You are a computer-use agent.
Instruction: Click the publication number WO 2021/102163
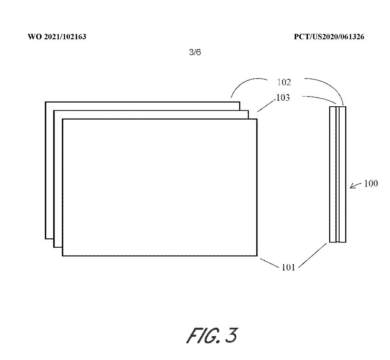57,37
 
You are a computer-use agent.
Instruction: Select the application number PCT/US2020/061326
329,37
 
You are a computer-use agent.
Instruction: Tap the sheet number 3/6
195,52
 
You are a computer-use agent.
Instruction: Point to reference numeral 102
284,82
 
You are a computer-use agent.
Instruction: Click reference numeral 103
283,98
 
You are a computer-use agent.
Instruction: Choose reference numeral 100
371,183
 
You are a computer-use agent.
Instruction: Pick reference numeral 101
288,268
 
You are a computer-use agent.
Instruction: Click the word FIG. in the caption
203,335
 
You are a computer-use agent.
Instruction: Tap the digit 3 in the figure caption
231,335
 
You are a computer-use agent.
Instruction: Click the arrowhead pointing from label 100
351,187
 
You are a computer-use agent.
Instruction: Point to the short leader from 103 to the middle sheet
266,105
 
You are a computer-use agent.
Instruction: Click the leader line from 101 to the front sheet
270,263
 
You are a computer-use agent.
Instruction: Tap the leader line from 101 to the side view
312,256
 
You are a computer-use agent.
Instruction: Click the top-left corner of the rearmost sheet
46,102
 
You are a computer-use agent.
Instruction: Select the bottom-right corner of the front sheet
257,256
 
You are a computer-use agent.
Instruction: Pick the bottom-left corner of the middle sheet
54,247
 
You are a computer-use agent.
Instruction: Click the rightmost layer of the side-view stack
342,174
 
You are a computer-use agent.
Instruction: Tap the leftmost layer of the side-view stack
333,174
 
